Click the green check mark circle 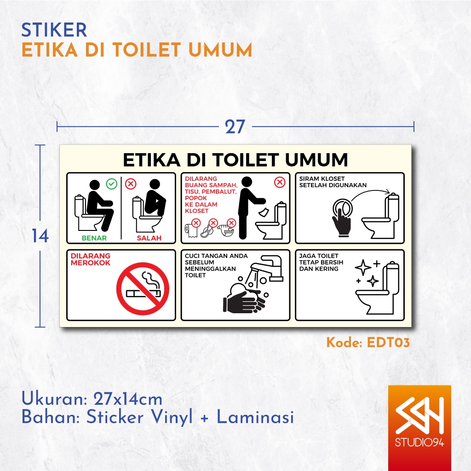click(112, 184)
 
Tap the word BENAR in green click(94, 238)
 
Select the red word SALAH click(149, 238)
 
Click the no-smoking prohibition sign click(143, 288)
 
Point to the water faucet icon click(267, 267)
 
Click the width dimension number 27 click(235, 127)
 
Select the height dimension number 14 click(40, 236)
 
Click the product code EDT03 click(388, 343)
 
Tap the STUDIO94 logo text click(419, 442)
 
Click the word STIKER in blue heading click(54, 30)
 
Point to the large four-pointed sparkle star click(363, 267)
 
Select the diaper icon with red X click(226, 229)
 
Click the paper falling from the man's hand click(264, 212)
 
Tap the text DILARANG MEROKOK click(91, 259)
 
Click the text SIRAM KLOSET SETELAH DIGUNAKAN click(333, 182)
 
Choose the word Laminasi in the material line click(255, 417)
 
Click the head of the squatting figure click(155, 184)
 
